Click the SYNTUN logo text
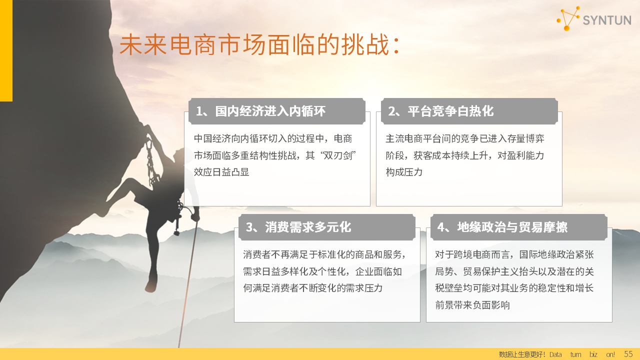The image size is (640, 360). (x=607, y=20)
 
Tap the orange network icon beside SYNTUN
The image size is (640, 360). (x=568, y=18)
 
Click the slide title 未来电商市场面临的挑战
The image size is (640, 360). (x=259, y=44)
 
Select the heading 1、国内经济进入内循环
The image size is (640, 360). (x=260, y=111)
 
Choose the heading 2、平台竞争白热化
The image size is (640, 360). (x=440, y=111)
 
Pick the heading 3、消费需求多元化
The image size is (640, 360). (x=298, y=227)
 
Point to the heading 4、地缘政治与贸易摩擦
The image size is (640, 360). (x=502, y=227)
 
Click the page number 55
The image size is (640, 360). (x=628, y=354)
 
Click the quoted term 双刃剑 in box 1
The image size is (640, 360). (x=338, y=155)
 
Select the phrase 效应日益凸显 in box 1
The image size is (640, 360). (x=221, y=172)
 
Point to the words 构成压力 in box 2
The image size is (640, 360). (x=404, y=172)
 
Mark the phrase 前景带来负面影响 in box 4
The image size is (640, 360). (x=472, y=305)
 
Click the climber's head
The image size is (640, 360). (x=179, y=155)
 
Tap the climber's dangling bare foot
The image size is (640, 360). (x=151, y=285)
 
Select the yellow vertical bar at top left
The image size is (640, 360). (x=6, y=50)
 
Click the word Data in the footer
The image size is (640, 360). (x=555, y=354)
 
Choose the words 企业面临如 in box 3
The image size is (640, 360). (x=378, y=271)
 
